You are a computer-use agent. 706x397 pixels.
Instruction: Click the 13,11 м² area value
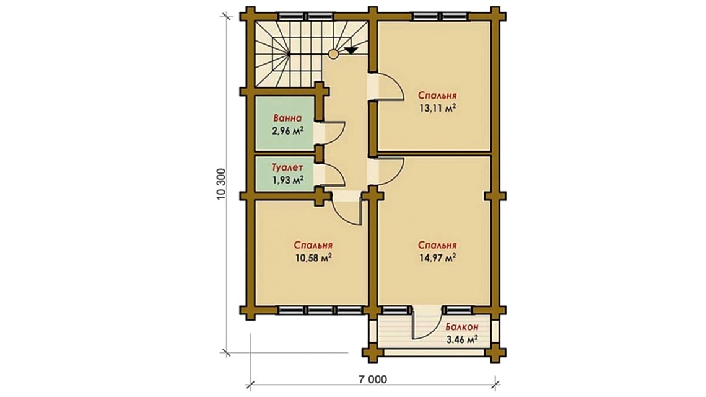point(438,109)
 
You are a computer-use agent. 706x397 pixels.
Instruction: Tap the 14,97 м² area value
point(438,258)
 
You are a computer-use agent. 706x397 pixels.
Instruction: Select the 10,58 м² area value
point(313,258)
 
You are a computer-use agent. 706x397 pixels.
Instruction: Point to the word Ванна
point(287,118)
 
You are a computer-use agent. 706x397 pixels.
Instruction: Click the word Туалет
point(287,167)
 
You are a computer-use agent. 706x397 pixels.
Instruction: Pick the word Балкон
point(462,327)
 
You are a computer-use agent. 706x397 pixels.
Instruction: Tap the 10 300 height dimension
point(221,184)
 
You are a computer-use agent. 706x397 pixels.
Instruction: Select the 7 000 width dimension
point(373,380)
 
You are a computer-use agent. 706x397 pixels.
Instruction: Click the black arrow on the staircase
point(351,50)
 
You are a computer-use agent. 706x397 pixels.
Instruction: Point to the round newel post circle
point(333,54)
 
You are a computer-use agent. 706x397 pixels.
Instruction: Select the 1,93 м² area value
point(287,180)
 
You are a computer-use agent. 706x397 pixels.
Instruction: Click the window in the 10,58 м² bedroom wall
point(320,310)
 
